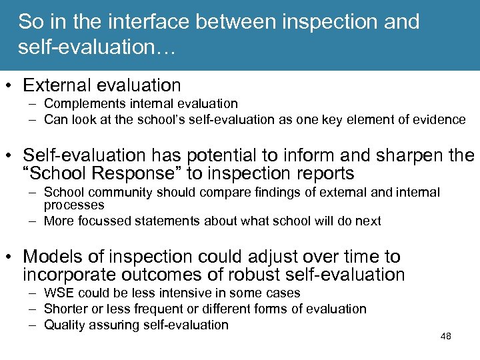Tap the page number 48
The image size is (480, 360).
[446, 336]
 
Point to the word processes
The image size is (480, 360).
[74, 205]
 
